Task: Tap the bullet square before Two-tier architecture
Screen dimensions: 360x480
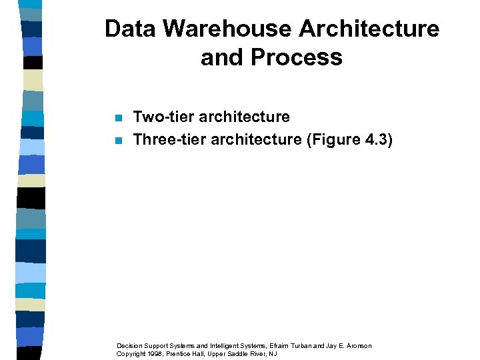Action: [118, 119]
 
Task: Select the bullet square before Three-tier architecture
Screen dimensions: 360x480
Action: [118, 141]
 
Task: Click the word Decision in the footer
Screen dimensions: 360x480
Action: [130, 345]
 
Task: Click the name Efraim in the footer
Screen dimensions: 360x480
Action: [279, 345]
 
